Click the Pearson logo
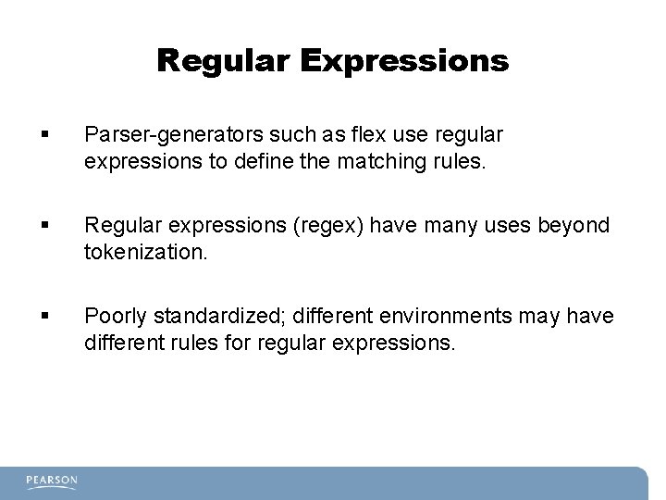[52, 481]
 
